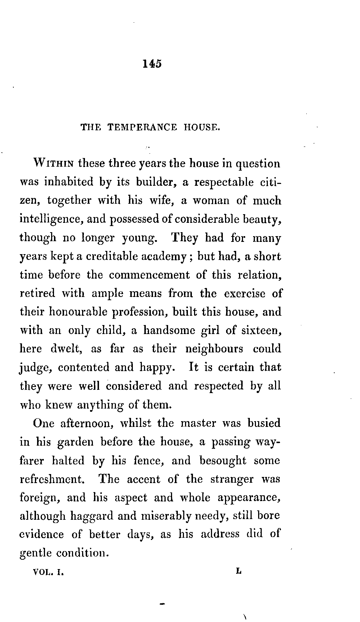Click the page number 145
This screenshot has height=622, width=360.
click(x=152, y=64)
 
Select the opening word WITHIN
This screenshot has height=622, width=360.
click(x=54, y=164)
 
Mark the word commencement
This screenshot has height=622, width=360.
click(x=149, y=275)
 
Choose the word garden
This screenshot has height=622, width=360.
click(x=76, y=442)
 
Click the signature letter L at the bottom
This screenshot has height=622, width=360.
click(x=238, y=571)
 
